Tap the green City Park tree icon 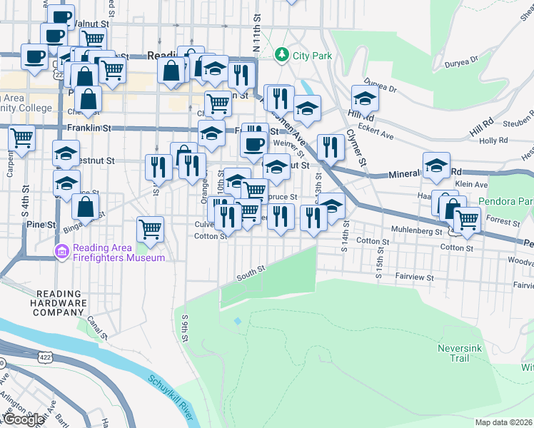click(x=283, y=54)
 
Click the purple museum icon click(x=61, y=251)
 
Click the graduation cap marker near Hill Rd click(x=365, y=98)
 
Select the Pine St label click(x=41, y=225)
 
